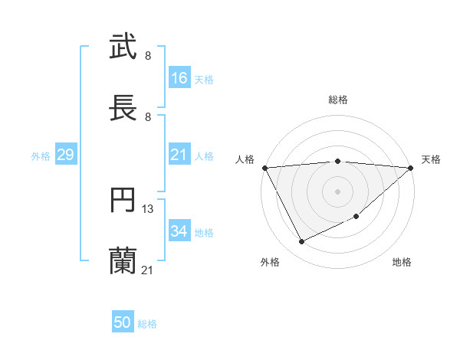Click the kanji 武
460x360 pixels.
123,47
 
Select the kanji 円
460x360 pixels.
123,201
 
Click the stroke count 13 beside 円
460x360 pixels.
148,208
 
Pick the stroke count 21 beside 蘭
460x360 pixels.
148,270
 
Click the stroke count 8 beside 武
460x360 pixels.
148,55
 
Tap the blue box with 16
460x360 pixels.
179,78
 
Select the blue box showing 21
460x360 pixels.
179,155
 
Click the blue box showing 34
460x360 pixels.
179,231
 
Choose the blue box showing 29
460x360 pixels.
65,155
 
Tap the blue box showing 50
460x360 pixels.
123,323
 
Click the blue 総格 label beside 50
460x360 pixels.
147,324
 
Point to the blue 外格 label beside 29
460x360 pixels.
41,156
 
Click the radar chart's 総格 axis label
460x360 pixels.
338,100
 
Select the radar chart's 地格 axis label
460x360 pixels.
402,262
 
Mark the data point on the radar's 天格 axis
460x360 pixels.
411,168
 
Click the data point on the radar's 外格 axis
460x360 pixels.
301,242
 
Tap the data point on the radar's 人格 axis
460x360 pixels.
265,168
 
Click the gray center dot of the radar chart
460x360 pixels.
338,191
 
